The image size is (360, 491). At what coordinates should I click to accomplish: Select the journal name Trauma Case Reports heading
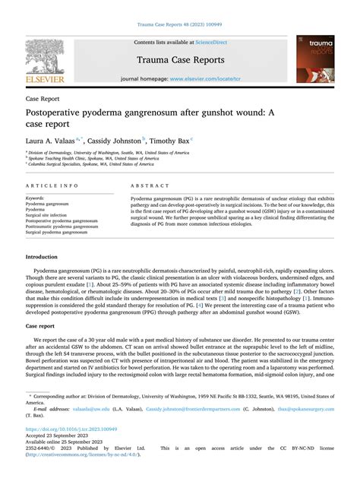[x=179, y=60]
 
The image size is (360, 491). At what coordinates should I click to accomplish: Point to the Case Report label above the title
[x=44, y=100]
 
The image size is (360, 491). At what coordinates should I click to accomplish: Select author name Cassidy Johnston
[x=113, y=141]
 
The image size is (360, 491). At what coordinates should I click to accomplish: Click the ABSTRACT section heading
[x=148, y=185]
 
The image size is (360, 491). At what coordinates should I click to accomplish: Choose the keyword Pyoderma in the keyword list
[x=39, y=209]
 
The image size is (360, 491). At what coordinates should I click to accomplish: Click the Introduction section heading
[x=47, y=258]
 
